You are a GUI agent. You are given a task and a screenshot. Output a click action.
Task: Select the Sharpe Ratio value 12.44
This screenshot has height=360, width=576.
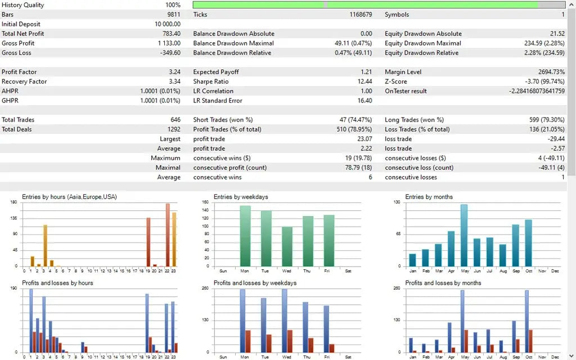(364, 82)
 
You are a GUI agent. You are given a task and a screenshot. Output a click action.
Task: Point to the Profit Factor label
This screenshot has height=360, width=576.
(19, 72)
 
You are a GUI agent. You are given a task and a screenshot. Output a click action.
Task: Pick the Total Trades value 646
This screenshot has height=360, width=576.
(174, 120)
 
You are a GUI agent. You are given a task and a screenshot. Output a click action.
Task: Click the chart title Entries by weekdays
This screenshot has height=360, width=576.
(243, 197)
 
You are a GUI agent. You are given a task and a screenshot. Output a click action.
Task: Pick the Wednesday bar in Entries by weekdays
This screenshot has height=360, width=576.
(287, 246)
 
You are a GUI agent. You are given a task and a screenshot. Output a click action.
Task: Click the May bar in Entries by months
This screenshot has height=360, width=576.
(464, 235)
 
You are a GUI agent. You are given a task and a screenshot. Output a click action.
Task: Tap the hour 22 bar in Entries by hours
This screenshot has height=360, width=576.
(168, 235)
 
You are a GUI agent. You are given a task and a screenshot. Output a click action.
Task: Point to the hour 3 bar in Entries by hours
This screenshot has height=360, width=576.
(45, 245)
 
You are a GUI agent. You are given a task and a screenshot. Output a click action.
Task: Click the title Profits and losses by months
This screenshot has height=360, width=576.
(443, 283)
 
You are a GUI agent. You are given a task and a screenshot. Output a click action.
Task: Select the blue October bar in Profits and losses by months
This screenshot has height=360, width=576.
(526, 321)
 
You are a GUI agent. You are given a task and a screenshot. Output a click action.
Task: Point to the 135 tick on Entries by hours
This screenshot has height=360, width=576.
(13, 218)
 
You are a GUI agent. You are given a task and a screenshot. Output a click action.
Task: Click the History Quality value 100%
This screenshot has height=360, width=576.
(173, 5)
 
